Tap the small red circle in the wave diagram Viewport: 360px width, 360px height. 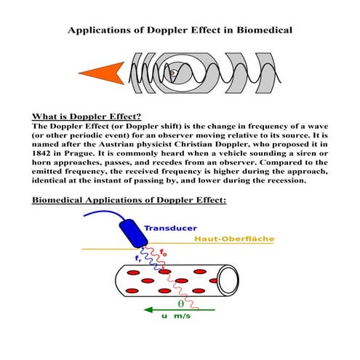point(172,73)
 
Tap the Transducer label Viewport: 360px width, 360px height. point(176,228)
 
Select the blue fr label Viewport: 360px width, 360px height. point(139,257)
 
